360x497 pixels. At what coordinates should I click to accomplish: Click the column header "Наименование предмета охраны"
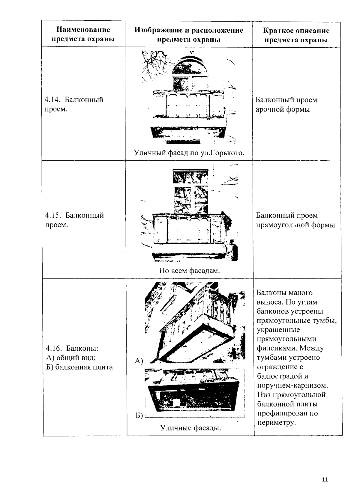tap(83, 34)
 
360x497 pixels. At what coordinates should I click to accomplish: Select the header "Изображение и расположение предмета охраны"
tap(189, 34)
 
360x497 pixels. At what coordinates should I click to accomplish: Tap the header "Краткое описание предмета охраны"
tap(296, 35)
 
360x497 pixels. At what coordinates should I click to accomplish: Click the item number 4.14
tap(52, 100)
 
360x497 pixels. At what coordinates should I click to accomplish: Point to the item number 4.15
tap(53, 216)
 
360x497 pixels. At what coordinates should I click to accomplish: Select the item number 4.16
tap(53, 348)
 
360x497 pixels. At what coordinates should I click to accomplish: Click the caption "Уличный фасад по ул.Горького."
tap(189, 153)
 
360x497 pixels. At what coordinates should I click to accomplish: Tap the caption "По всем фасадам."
tap(189, 271)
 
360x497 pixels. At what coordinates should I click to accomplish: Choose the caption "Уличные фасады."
tap(190, 428)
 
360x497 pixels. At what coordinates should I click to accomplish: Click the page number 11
tap(325, 479)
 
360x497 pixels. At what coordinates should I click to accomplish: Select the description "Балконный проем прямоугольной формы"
tap(295, 220)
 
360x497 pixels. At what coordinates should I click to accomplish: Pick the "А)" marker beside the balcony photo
tap(139, 361)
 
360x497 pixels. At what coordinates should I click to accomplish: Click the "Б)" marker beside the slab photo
tap(138, 416)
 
